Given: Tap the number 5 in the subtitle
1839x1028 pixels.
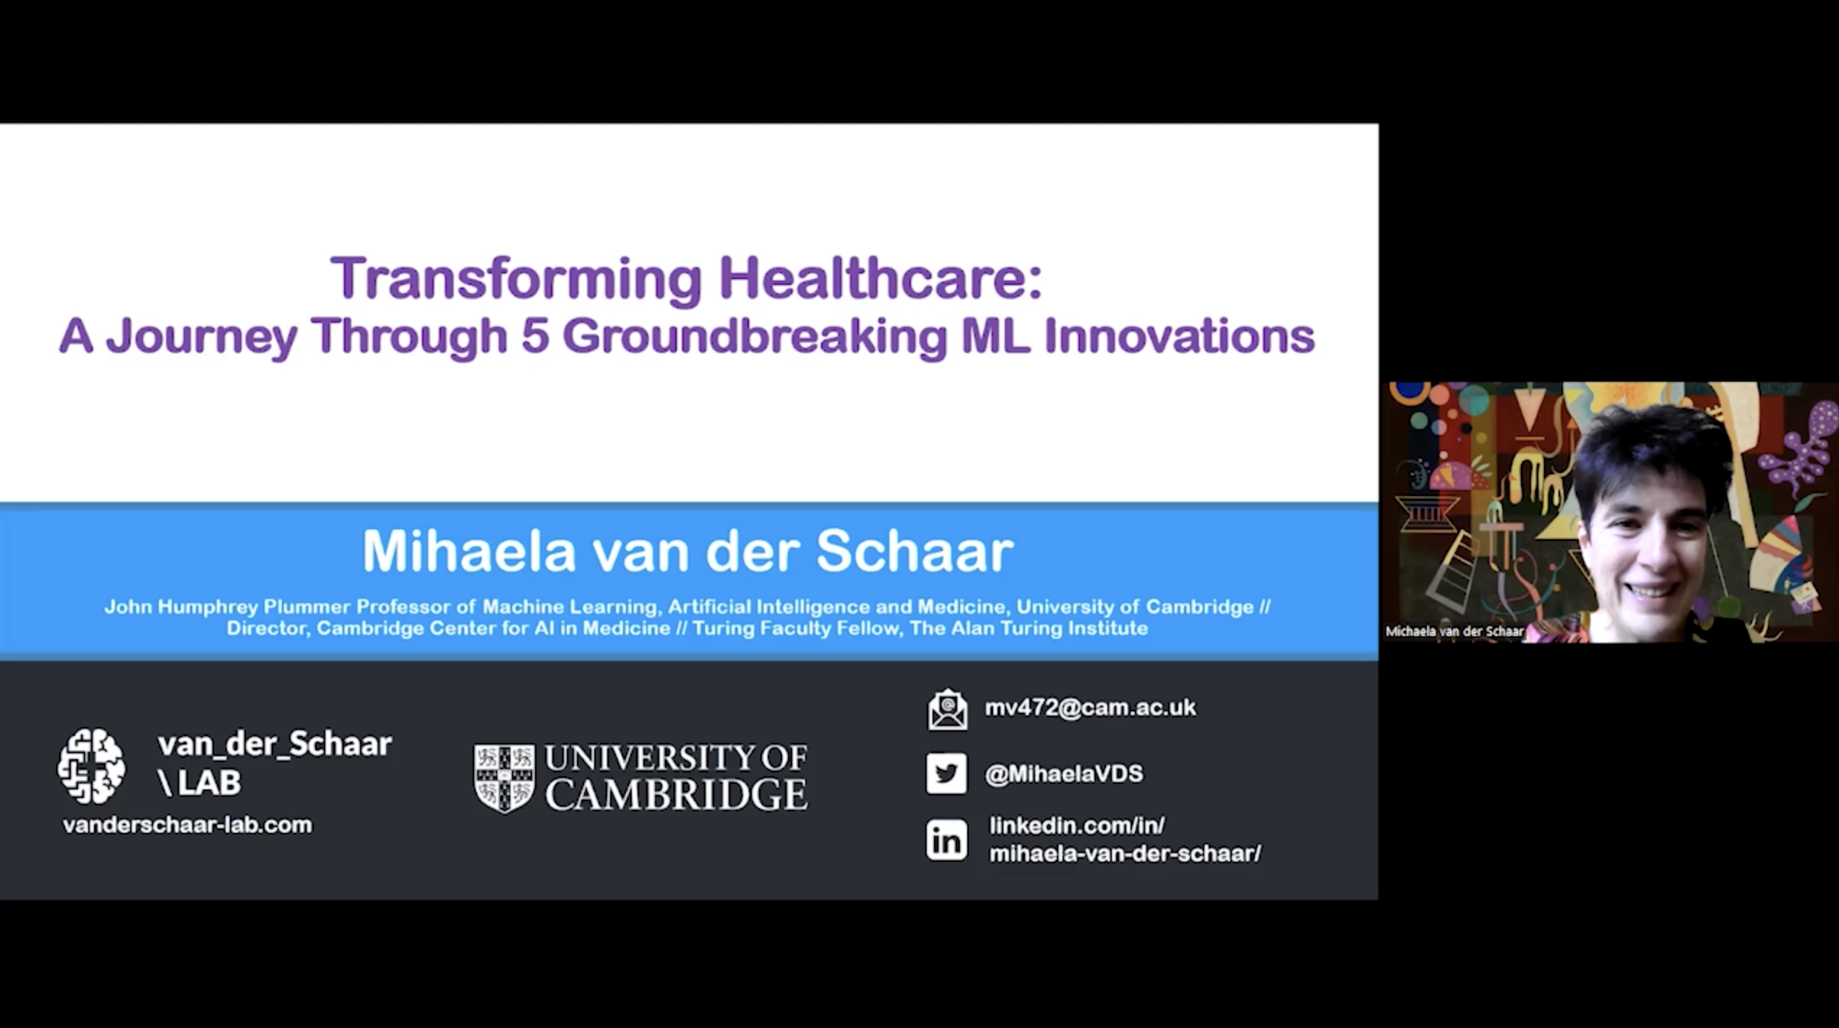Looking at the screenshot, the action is (x=535, y=336).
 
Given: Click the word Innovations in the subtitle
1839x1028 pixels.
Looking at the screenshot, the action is (x=1180, y=336).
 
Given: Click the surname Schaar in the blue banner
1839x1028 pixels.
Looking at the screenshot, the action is (x=914, y=551).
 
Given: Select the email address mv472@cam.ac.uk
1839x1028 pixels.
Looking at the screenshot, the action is (x=1090, y=707).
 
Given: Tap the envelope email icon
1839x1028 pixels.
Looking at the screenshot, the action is (x=947, y=709).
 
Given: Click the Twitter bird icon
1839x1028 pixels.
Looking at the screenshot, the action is (x=946, y=774).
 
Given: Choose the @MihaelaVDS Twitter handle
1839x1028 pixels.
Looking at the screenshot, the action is (x=1064, y=774).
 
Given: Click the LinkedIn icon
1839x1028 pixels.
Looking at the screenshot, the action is (x=946, y=840).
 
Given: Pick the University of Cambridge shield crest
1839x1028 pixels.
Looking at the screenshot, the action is (x=505, y=779).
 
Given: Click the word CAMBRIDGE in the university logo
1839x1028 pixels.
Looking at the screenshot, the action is (x=676, y=794).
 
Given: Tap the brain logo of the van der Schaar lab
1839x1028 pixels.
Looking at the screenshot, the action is (x=91, y=766).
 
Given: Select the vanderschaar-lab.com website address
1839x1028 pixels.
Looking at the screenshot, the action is (x=188, y=825).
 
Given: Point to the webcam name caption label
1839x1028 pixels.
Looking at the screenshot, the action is (x=1454, y=631).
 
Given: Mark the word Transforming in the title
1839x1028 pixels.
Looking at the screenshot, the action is (x=516, y=279).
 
